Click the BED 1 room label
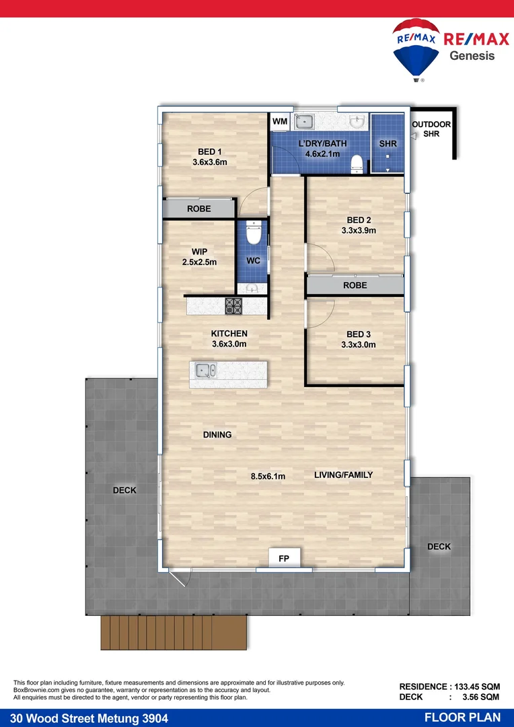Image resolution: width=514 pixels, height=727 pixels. click(x=210, y=151)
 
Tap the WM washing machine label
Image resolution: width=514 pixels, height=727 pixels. click(x=279, y=122)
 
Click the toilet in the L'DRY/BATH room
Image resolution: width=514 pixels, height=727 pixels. click(x=357, y=163)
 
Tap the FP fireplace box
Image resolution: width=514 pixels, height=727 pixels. click(x=284, y=558)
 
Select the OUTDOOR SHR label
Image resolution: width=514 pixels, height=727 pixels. click(x=431, y=129)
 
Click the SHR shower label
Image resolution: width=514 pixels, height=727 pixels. click(x=388, y=144)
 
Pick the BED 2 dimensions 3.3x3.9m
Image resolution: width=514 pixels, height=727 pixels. click(x=359, y=230)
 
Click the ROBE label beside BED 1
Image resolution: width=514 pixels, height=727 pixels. click(x=199, y=209)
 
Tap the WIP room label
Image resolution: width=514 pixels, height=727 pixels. click(x=199, y=252)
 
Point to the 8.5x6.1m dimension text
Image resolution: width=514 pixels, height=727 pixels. click(x=268, y=477)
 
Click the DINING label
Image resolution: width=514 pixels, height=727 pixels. click(x=217, y=435)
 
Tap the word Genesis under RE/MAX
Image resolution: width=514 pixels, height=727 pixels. click(x=472, y=56)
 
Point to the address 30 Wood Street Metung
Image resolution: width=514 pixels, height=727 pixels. click(x=79, y=718)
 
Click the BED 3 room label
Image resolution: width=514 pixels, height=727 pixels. click(x=359, y=335)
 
